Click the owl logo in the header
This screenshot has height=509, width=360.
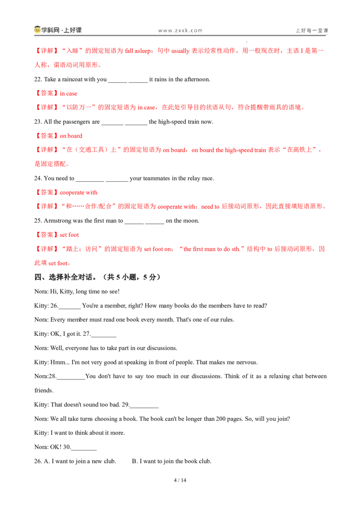(x=37, y=30)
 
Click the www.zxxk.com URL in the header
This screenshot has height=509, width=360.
(x=180, y=31)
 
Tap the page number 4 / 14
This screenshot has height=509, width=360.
(x=180, y=480)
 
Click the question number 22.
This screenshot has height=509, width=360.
(x=38, y=79)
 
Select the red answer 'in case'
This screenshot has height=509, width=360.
(x=68, y=94)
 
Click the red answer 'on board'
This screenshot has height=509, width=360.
(x=71, y=136)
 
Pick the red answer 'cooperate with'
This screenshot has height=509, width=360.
(x=79, y=192)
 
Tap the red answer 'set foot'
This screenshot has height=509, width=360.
(x=69, y=235)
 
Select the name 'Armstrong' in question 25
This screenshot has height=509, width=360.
(x=58, y=221)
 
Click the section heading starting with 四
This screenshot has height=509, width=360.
(x=98, y=277)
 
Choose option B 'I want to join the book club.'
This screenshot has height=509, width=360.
(x=171, y=461)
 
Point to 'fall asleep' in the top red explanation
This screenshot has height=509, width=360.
(x=138, y=51)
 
